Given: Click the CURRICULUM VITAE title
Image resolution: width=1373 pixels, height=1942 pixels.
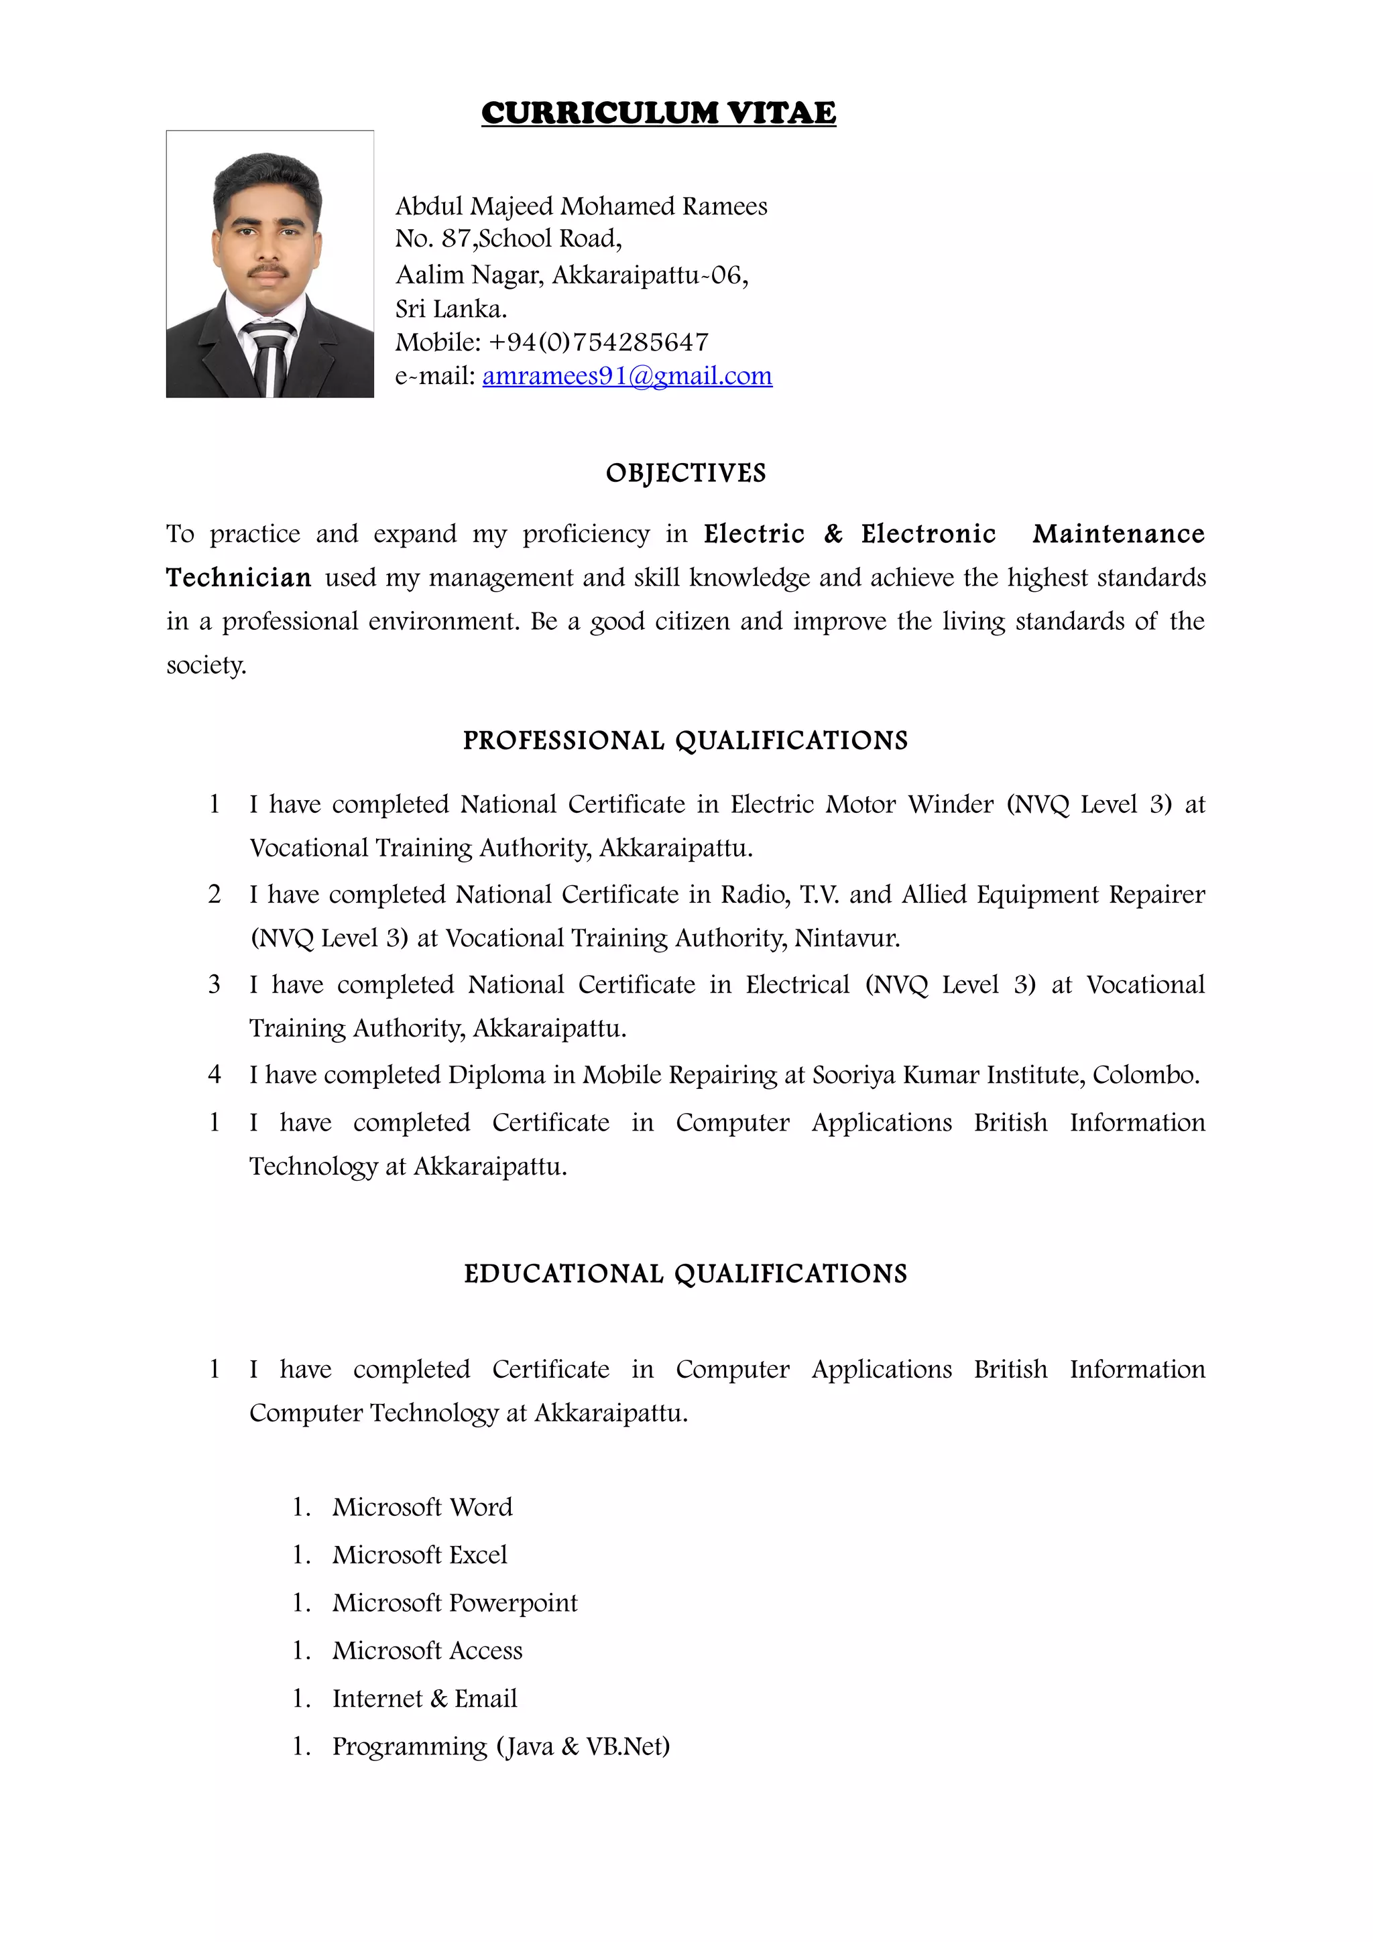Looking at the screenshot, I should pos(658,113).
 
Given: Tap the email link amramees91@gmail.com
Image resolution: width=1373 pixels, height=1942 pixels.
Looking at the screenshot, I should pos(627,375).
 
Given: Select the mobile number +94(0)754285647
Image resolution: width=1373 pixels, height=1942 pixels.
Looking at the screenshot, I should pos(598,342).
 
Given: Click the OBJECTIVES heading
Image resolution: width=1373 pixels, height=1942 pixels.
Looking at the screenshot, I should pos(685,473).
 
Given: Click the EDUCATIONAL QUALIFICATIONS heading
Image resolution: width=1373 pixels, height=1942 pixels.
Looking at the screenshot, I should pos(685,1274).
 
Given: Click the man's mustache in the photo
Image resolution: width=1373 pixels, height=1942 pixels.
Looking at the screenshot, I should pos(268,271).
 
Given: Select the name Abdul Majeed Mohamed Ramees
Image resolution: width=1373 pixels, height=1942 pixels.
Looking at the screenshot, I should pos(581,206).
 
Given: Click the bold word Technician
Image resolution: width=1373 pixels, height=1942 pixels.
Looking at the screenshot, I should pos(239,578).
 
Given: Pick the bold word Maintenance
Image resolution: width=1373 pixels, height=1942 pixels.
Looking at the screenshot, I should pos(1118,533).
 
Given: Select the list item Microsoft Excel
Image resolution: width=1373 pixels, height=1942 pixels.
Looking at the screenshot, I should pos(420,1555).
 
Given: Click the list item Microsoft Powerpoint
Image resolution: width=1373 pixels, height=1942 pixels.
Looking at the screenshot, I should pos(455,1603).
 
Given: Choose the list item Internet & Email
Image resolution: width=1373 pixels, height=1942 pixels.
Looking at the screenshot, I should pos(424,1698).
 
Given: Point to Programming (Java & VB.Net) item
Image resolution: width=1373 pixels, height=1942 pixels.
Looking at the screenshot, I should pos(501,1746).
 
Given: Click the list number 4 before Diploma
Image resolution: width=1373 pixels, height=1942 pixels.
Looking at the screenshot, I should pos(215,1075).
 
